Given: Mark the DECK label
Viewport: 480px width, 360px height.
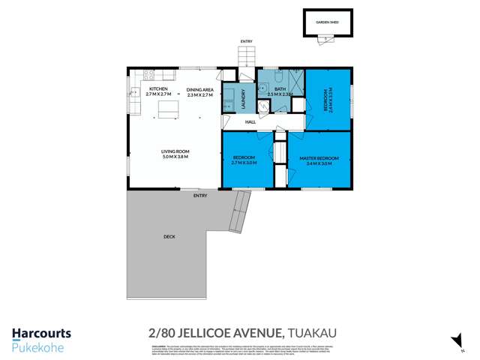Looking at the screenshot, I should coord(169,237).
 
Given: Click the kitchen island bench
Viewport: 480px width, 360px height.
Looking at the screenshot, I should coord(167,109).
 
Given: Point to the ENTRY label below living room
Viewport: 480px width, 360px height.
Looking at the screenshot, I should coord(199,196).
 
